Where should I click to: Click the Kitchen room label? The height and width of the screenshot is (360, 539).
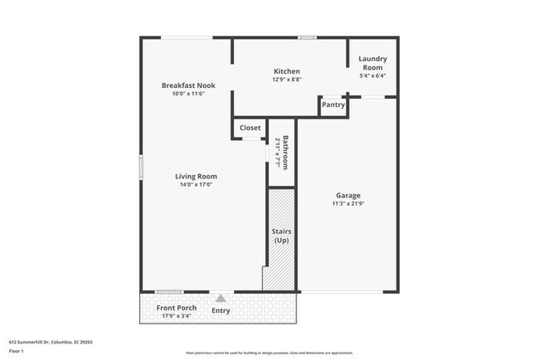(x=286, y=71)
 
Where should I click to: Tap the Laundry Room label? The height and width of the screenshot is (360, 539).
(x=372, y=63)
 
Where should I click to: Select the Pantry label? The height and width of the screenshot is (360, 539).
(x=333, y=105)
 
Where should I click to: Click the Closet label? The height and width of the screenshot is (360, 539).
(x=250, y=128)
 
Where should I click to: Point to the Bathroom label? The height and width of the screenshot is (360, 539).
(x=285, y=151)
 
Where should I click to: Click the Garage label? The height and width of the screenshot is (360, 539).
(x=347, y=195)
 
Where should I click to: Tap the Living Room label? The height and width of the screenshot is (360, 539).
(x=196, y=176)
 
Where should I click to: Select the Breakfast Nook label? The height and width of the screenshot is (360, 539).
(x=187, y=85)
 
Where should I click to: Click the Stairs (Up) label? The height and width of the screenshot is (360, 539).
(x=281, y=236)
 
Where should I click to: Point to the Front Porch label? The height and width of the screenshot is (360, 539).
(x=176, y=308)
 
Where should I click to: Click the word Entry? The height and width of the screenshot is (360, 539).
(x=221, y=311)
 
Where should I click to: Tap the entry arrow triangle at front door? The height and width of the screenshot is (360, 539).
(x=221, y=298)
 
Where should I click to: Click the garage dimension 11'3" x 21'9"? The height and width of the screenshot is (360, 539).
(x=347, y=203)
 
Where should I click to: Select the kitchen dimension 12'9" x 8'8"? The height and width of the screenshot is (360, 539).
(x=286, y=80)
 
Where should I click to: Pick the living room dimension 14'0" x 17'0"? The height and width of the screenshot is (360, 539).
(x=196, y=184)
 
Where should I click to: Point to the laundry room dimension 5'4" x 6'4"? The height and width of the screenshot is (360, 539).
(x=372, y=75)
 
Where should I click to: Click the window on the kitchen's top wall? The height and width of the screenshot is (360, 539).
(x=308, y=37)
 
